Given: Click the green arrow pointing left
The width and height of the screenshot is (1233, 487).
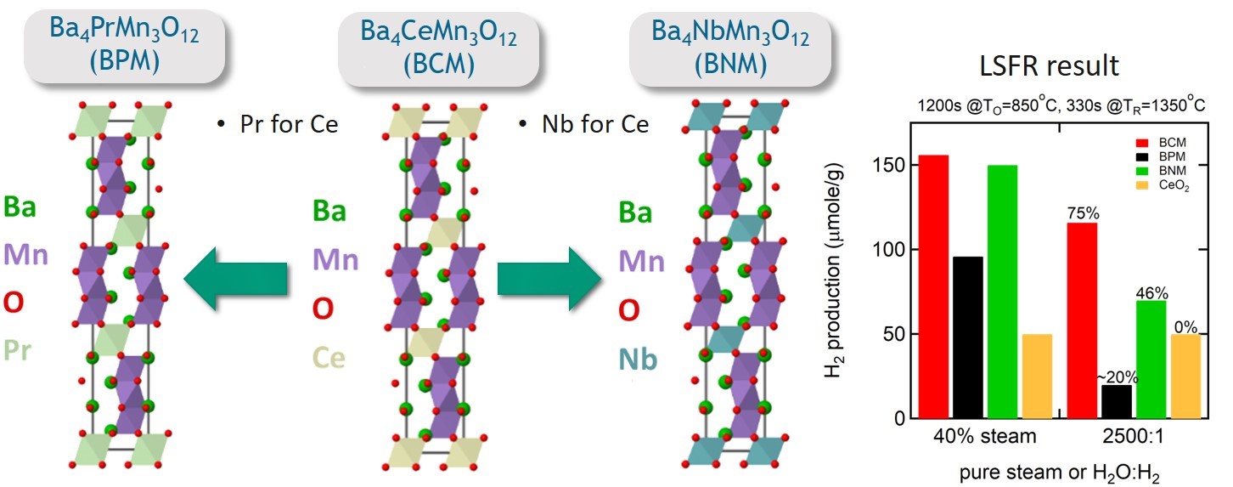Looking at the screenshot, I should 236,285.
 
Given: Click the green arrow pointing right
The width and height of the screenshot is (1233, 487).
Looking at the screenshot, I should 549,285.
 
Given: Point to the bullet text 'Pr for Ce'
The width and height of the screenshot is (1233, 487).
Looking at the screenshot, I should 277,125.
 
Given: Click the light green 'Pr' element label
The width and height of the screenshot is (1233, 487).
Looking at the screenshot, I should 20,348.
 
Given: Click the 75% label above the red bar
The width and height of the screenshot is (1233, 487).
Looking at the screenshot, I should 1081,214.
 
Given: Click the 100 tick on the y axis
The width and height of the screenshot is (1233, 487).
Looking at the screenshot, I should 887,250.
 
